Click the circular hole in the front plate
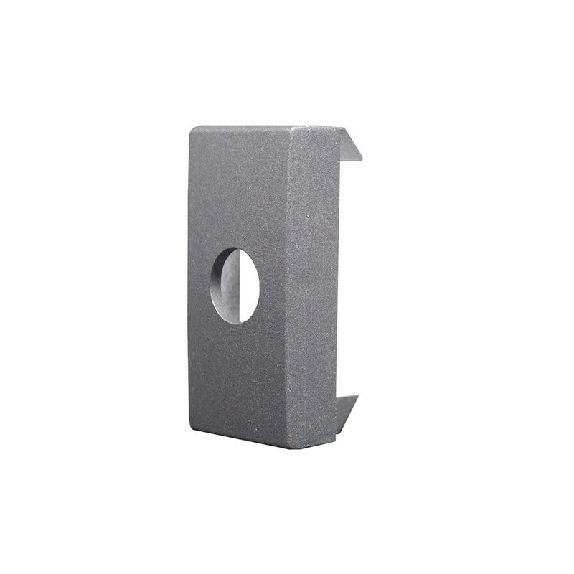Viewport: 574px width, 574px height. click(x=235, y=286)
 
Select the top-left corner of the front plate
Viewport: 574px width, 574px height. click(x=192, y=128)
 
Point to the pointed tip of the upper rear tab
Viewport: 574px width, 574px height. click(x=361, y=159)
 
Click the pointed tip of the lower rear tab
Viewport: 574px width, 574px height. click(x=357, y=396)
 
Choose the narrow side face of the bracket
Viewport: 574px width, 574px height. click(x=314, y=287)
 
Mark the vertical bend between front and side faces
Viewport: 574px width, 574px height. click(x=291, y=287)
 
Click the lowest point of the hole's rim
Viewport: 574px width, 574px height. click(x=235, y=324)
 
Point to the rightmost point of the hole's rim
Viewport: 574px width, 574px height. click(x=259, y=286)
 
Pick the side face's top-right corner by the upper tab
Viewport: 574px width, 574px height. click(x=339, y=128)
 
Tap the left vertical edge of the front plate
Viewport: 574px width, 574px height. click(x=189, y=287)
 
